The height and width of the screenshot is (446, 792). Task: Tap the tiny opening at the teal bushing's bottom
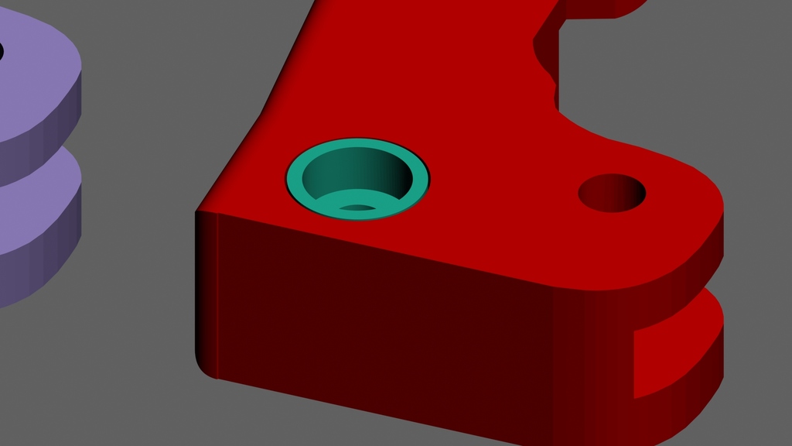point(357,208)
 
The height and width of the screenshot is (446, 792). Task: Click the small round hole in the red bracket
point(612,193)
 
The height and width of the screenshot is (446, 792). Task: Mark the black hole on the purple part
point(1,53)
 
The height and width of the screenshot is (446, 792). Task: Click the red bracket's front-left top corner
point(199,211)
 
